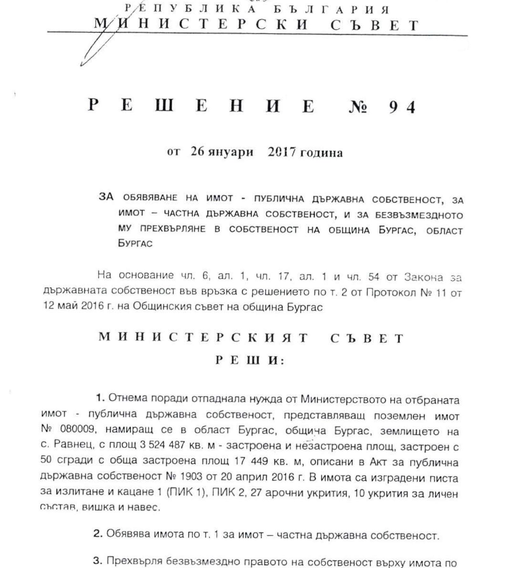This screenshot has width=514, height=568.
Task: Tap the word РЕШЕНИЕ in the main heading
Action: click(x=201, y=105)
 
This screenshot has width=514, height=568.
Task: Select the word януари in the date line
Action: click(x=231, y=152)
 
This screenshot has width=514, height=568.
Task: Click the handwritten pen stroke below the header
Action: click(x=92, y=51)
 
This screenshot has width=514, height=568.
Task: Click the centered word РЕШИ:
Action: click(x=250, y=361)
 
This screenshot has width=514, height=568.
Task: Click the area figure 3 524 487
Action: click(x=162, y=445)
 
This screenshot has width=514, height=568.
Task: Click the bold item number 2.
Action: click(x=97, y=534)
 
